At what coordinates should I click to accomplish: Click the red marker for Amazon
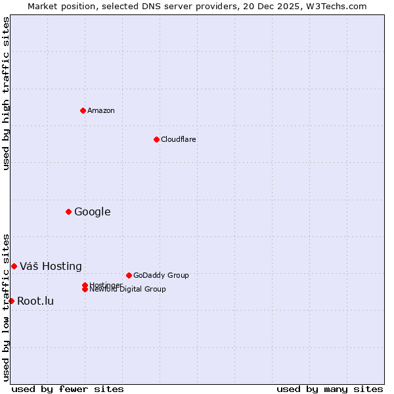point(83,110)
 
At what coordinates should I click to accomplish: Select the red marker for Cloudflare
point(156,139)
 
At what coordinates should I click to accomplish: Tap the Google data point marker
point(68,211)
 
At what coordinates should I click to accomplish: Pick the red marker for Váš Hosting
point(14,266)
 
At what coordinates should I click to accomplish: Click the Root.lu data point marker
point(11,301)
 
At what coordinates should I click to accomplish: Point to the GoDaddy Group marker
point(129,275)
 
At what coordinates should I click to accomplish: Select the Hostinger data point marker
point(85,285)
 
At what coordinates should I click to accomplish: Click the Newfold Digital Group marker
point(85,290)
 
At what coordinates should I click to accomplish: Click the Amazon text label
point(101,110)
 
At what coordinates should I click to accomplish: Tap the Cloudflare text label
point(179,139)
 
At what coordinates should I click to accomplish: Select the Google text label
point(93,211)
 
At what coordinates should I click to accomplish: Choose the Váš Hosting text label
point(51,266)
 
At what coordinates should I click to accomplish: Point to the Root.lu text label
point(35,301)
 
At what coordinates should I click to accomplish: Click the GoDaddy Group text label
point(161,275)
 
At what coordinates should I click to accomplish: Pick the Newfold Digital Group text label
point(128,290)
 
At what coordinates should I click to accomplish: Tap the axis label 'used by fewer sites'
point(68,389)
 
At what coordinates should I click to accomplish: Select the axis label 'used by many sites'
point(330,389)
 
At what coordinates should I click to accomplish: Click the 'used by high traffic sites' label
point(7,93)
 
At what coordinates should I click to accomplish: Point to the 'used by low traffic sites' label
point(7,307)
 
